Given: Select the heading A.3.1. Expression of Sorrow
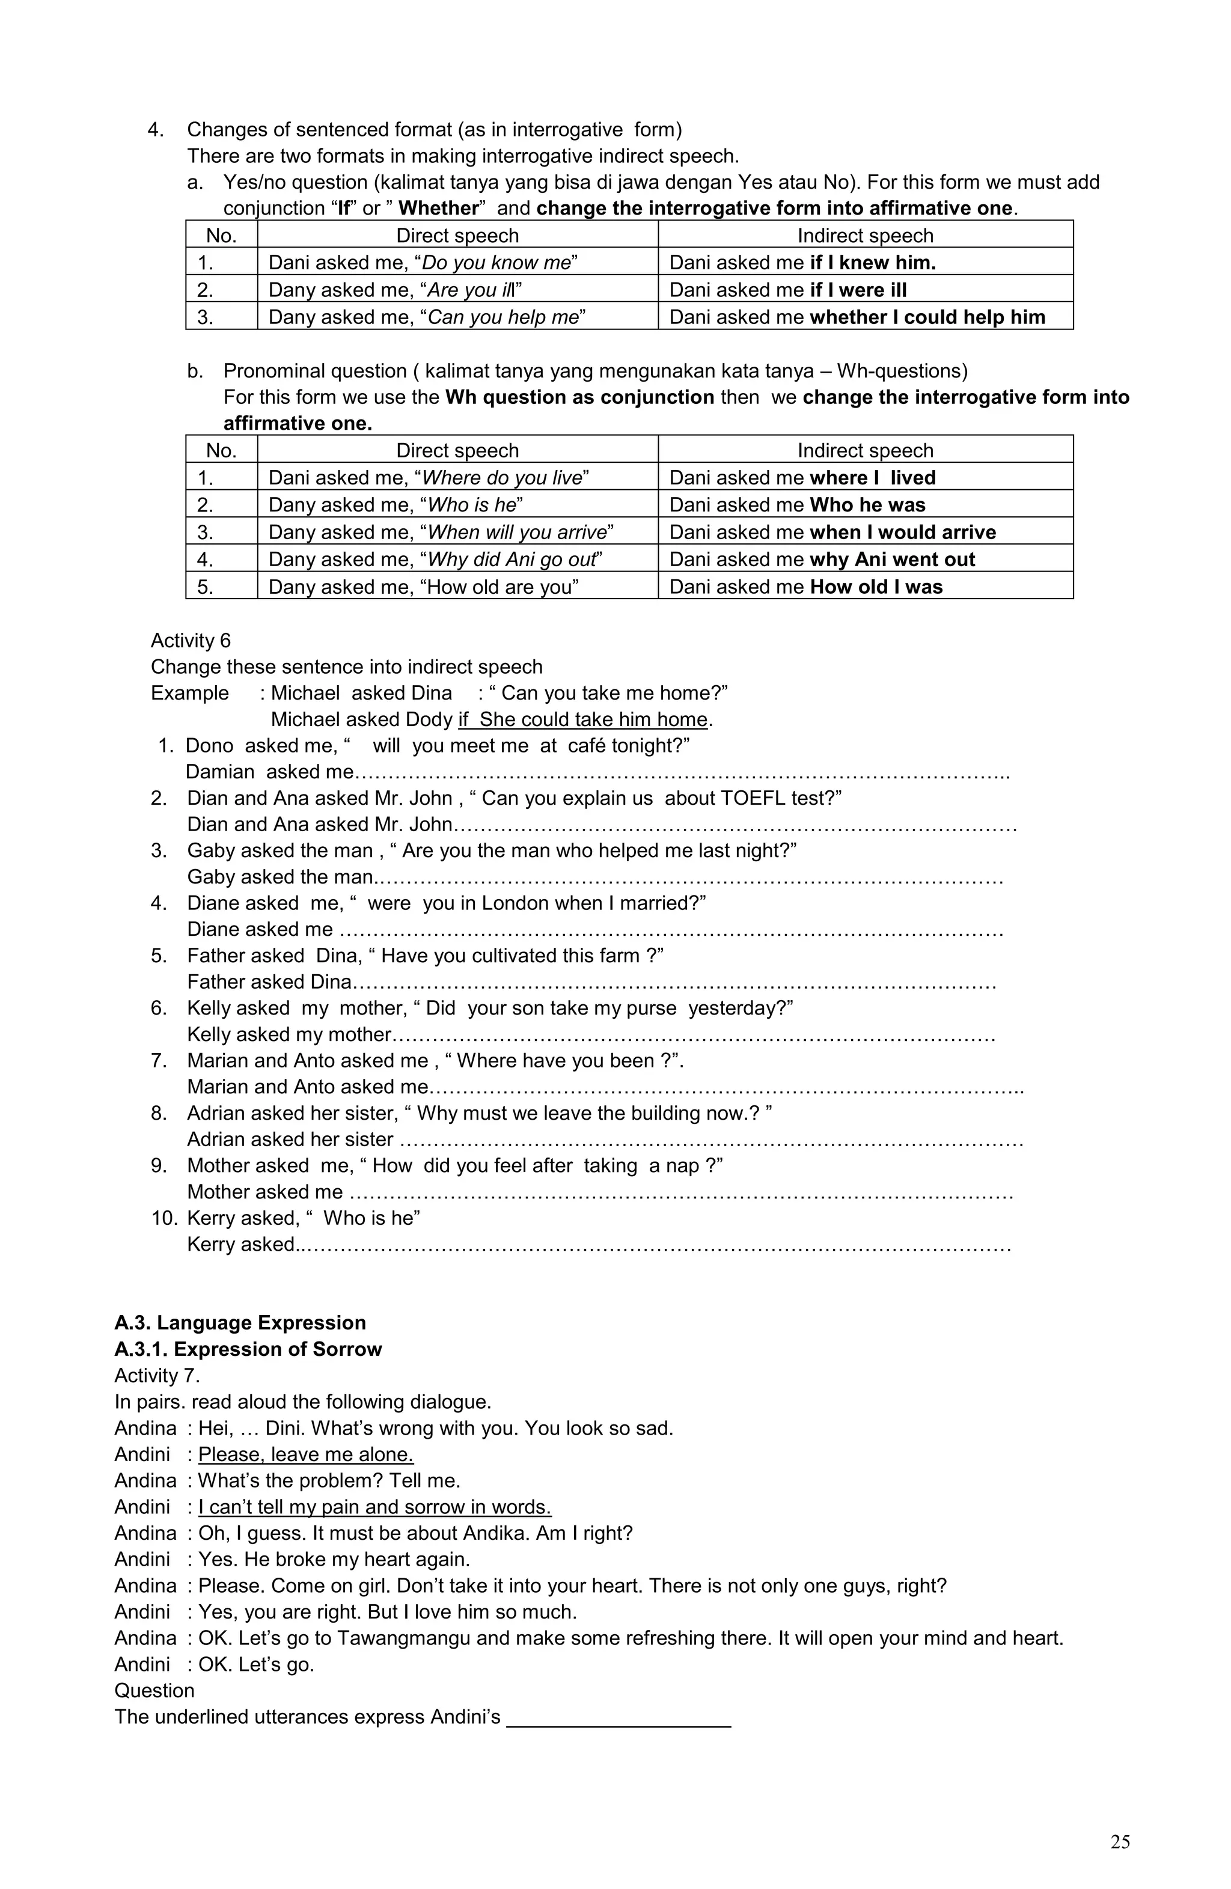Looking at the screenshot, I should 248,1349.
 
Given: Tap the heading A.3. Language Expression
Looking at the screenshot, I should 240,1322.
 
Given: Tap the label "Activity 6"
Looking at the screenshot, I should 191,641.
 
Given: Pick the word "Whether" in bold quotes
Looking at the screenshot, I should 439,208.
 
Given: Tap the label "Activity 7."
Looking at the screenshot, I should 157,1376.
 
